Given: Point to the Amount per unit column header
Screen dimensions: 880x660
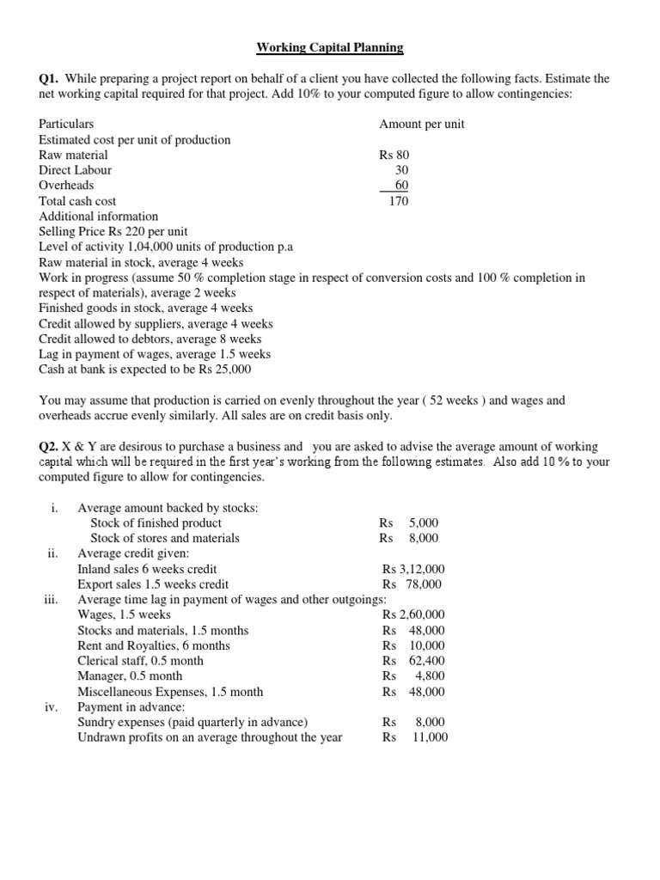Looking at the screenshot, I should [421, 124].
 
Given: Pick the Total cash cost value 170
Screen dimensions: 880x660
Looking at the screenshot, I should [398, 201].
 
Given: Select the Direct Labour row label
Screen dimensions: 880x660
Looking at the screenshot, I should [75, 170].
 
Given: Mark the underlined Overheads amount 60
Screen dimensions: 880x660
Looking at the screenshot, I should [401, 186].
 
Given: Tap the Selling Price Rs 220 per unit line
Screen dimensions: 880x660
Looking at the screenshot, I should [113, 232].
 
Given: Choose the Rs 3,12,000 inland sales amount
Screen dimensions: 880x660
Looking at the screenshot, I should [413, 569].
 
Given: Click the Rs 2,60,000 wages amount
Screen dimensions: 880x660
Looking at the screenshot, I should [413, 614].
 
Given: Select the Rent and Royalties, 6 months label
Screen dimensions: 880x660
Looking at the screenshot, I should [153, 645].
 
